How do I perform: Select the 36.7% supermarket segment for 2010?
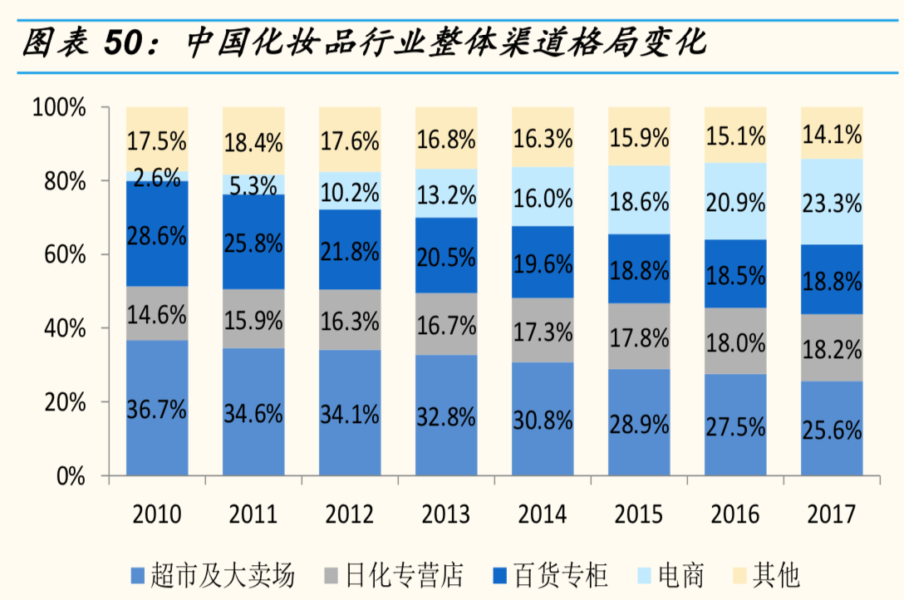pos(157,407)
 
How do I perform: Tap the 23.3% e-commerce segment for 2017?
pos(832,202)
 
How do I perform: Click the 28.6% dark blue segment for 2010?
pos(157,234)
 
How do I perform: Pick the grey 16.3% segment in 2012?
pos(349,320)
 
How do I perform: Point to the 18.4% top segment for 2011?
pos(253,140)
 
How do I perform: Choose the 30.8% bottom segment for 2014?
pos(543,419)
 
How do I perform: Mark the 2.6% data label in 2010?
pos(157,176)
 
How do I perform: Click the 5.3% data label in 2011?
pos(253,185)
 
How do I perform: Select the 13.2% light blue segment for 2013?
pos(446,194)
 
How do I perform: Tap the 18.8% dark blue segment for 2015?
pos(639,268)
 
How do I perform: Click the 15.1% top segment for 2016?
pos(735,134)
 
